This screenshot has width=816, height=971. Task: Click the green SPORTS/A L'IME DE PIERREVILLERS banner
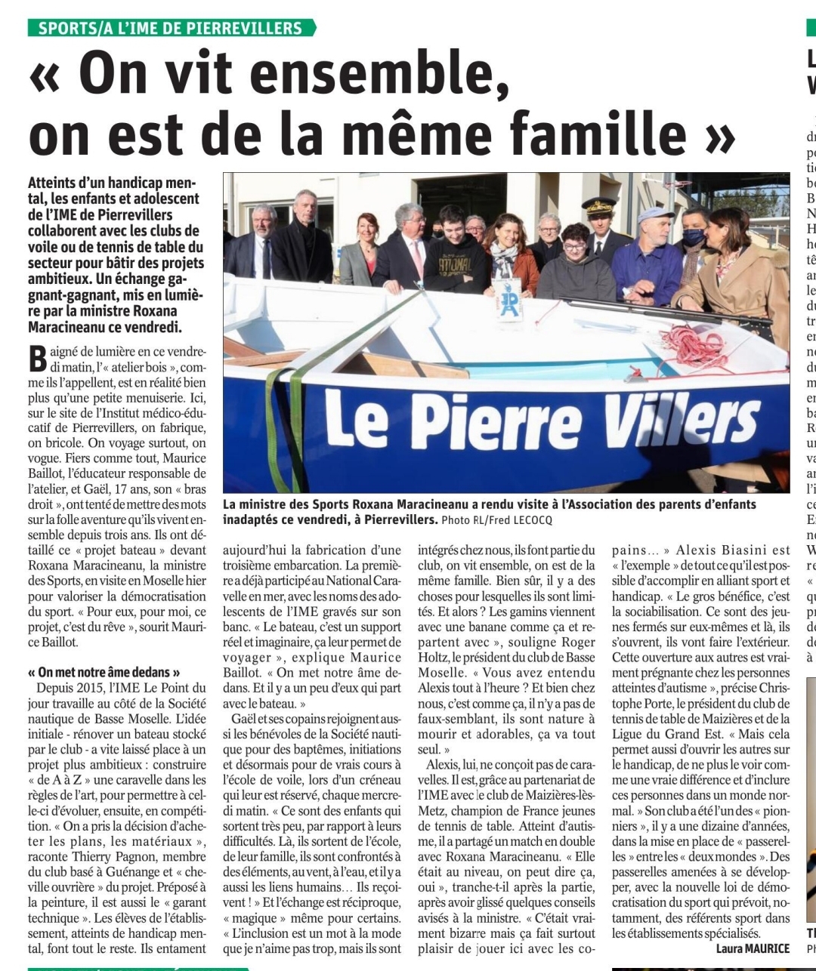pyautogui.click(x=172, y=29)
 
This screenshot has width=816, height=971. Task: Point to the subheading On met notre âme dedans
pyautogui.click(x=104, y=672)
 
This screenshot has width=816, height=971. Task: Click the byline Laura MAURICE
pyautogui.click(x=753, y=948)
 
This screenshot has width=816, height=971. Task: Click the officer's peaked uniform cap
pyautogui.click(x=600, y=205)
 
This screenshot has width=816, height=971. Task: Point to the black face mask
pyautogui.click(x=694, y=237)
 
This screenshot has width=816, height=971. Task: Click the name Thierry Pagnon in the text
pyautogui.click(x=132, y=856)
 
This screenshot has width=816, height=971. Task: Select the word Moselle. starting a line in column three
pyautogui.click(x=442, y=672)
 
